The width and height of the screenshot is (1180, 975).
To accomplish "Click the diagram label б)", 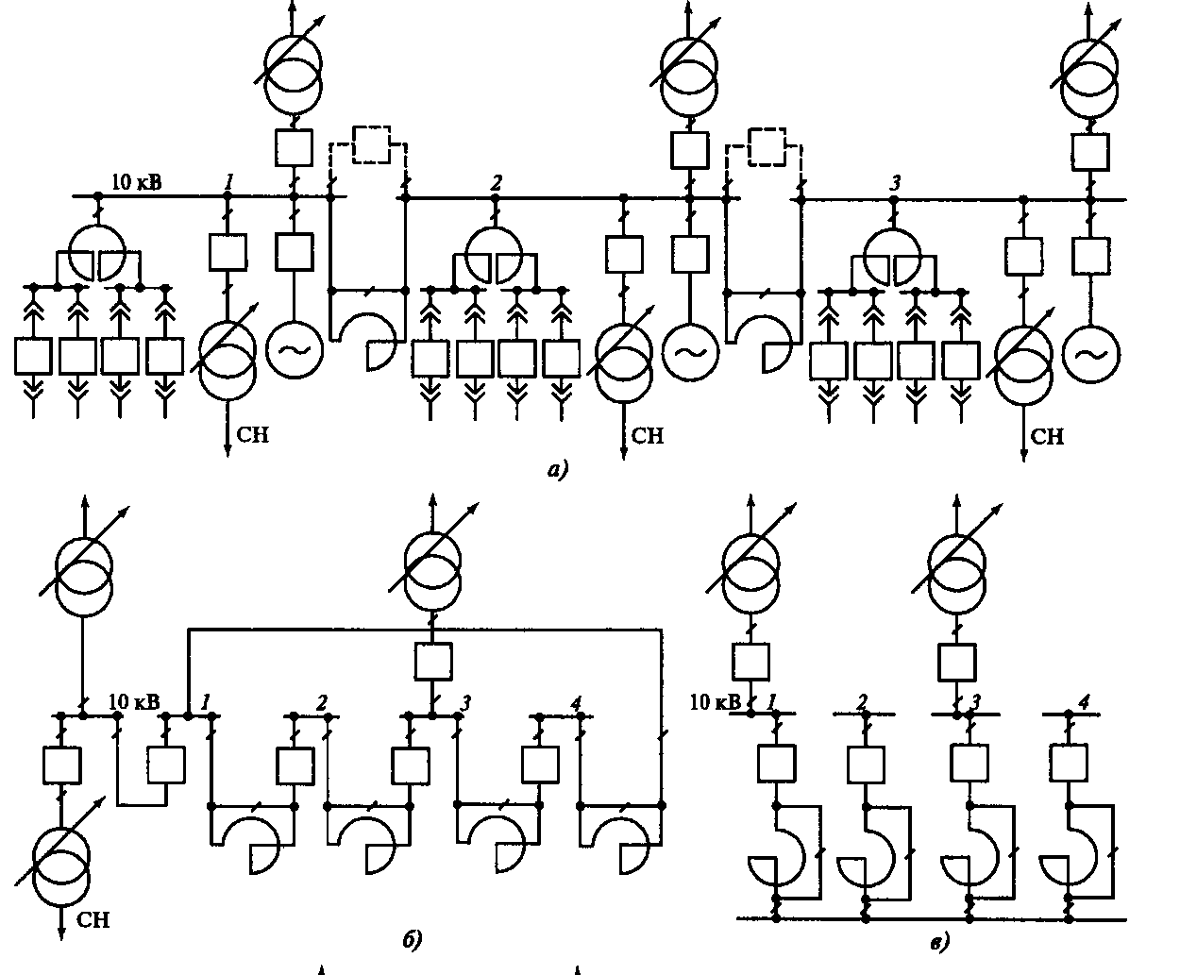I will (412, 939).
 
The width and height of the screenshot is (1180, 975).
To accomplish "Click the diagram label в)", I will (940, 940).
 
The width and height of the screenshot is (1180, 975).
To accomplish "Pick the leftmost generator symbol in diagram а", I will (294, 350).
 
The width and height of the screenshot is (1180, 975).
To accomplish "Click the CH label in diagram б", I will (93, 920).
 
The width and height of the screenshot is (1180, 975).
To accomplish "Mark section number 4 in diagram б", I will (575, 702).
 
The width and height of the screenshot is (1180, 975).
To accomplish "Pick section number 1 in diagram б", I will (205, 702).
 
